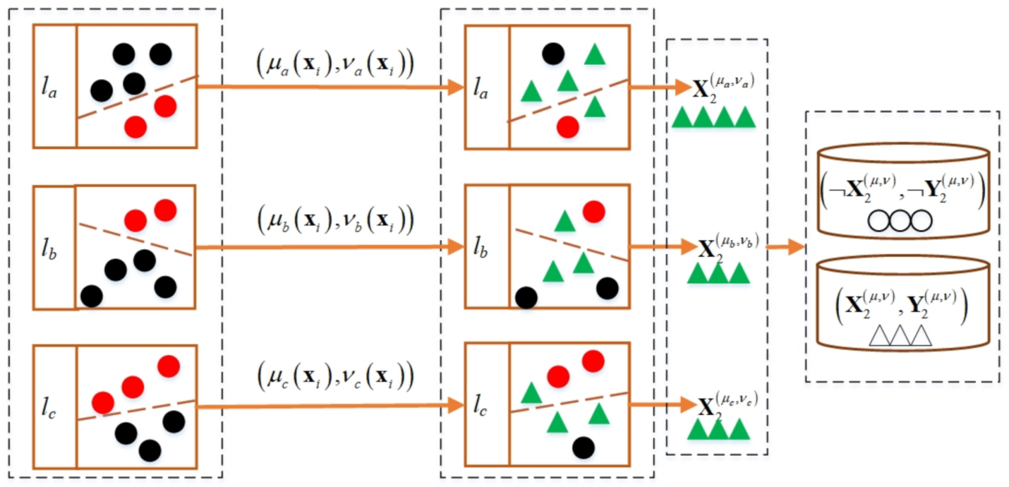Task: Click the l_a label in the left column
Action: [50, 88]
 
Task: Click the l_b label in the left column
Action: [50, 248]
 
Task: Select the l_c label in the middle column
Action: [481, 406]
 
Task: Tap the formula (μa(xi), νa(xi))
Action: [335, 64]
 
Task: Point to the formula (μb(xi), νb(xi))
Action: [335, 220]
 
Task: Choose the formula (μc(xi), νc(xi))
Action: [335, 377]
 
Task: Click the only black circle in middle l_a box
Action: [553, 54]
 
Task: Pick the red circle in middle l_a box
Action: [567, 127]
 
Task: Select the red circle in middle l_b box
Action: [594, 212]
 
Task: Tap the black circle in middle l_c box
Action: [583, 447]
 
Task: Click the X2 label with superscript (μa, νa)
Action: [722, 88]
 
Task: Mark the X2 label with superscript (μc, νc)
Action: [727, 404]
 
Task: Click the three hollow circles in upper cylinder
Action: [900, 221]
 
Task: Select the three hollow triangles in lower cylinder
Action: [900, 336]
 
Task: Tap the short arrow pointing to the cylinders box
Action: [785, 246]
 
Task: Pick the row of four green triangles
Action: [713, 118]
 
